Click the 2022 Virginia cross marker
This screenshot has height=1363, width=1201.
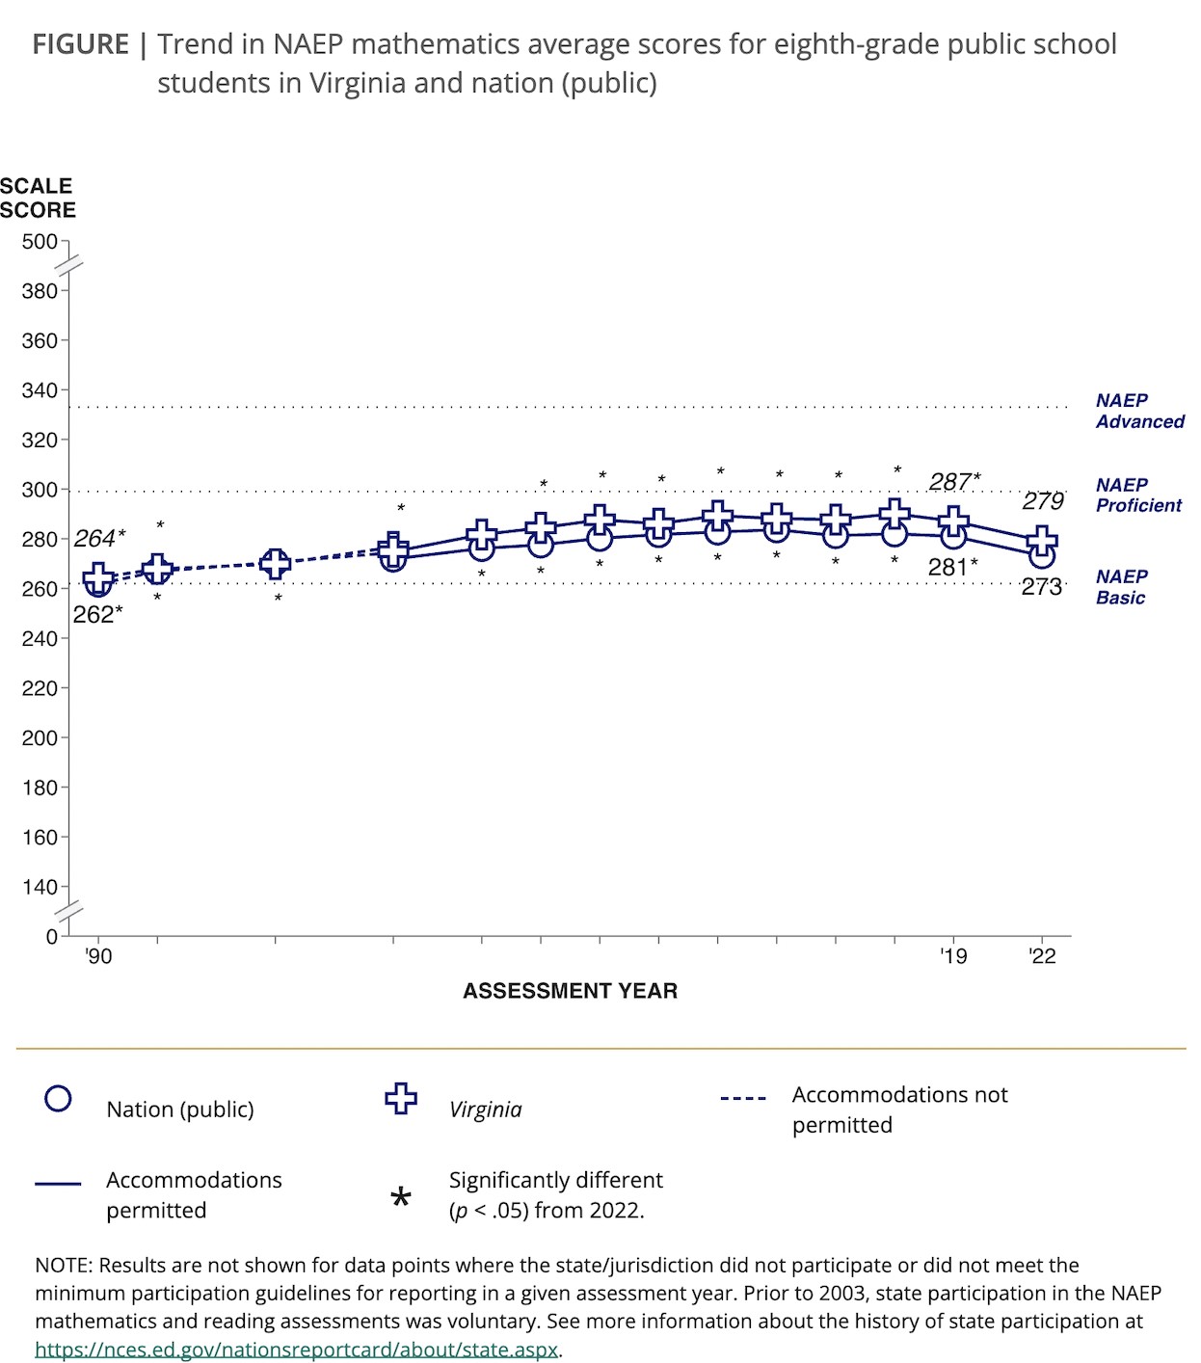coord(1041,541)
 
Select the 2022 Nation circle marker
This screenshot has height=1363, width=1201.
coord(1041,556)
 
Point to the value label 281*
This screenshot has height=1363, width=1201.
coord(952,568)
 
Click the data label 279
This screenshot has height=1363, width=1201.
coord(1043,501)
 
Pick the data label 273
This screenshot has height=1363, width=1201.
coord(1041,587)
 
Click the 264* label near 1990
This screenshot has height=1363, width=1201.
coord(99,538)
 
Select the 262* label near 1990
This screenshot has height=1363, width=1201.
coord(97,615)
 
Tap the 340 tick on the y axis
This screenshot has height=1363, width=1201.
coord(40,390)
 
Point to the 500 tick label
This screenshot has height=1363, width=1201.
coord(40,242)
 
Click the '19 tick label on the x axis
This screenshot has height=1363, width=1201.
coord(953,956)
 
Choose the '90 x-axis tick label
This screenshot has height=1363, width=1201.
coord(98,956)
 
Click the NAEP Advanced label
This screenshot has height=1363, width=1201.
coord(1139,411)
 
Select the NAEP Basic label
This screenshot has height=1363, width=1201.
coord(1121,587)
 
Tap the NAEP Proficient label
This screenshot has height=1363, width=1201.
coord(1138,494)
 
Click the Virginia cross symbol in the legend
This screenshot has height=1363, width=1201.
coord(401,1099)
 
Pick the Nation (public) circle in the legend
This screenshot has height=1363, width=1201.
coord(59,1099)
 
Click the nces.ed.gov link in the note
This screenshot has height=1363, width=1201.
coord(296,1350)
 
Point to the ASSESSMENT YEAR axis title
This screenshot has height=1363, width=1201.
coord(570,991)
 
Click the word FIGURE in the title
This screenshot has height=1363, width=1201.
coord(80,44)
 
